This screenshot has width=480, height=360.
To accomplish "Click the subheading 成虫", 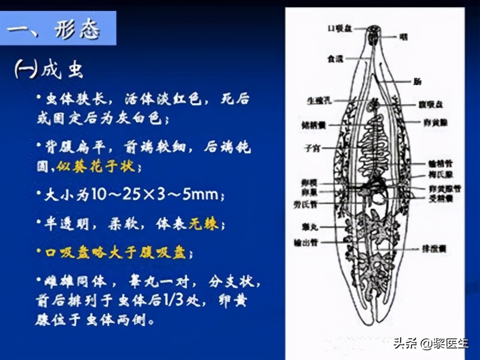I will click(61, 71).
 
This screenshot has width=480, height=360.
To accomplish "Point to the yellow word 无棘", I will click(204, 224).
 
